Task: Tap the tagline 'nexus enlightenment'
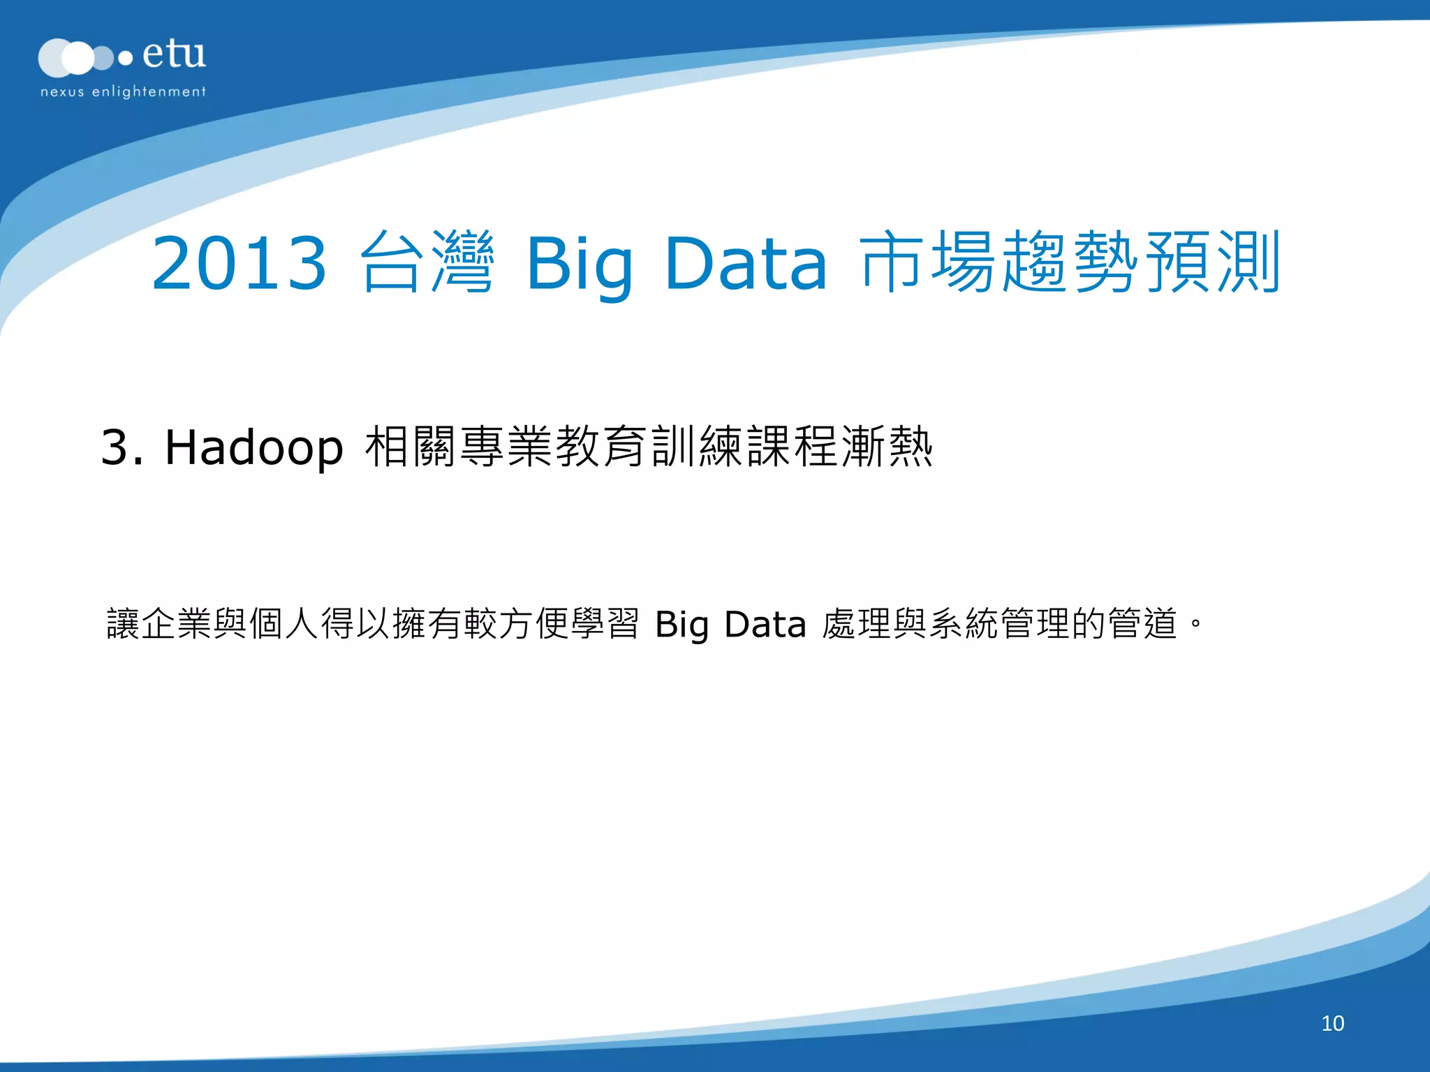[x=123, y=91]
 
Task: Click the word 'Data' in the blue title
[x=746, y=263]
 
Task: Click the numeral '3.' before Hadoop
[x=121, y=447]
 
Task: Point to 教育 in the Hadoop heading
[x=601, y=447]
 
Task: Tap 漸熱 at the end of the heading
[x=887, y=447]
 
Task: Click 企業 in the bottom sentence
[x=177, y=623]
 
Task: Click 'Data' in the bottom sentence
[x=765, y=624]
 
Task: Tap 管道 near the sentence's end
[x=1143, y=623]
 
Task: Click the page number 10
[x=1332, y=1023]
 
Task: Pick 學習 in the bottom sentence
[x=605, y=623]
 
